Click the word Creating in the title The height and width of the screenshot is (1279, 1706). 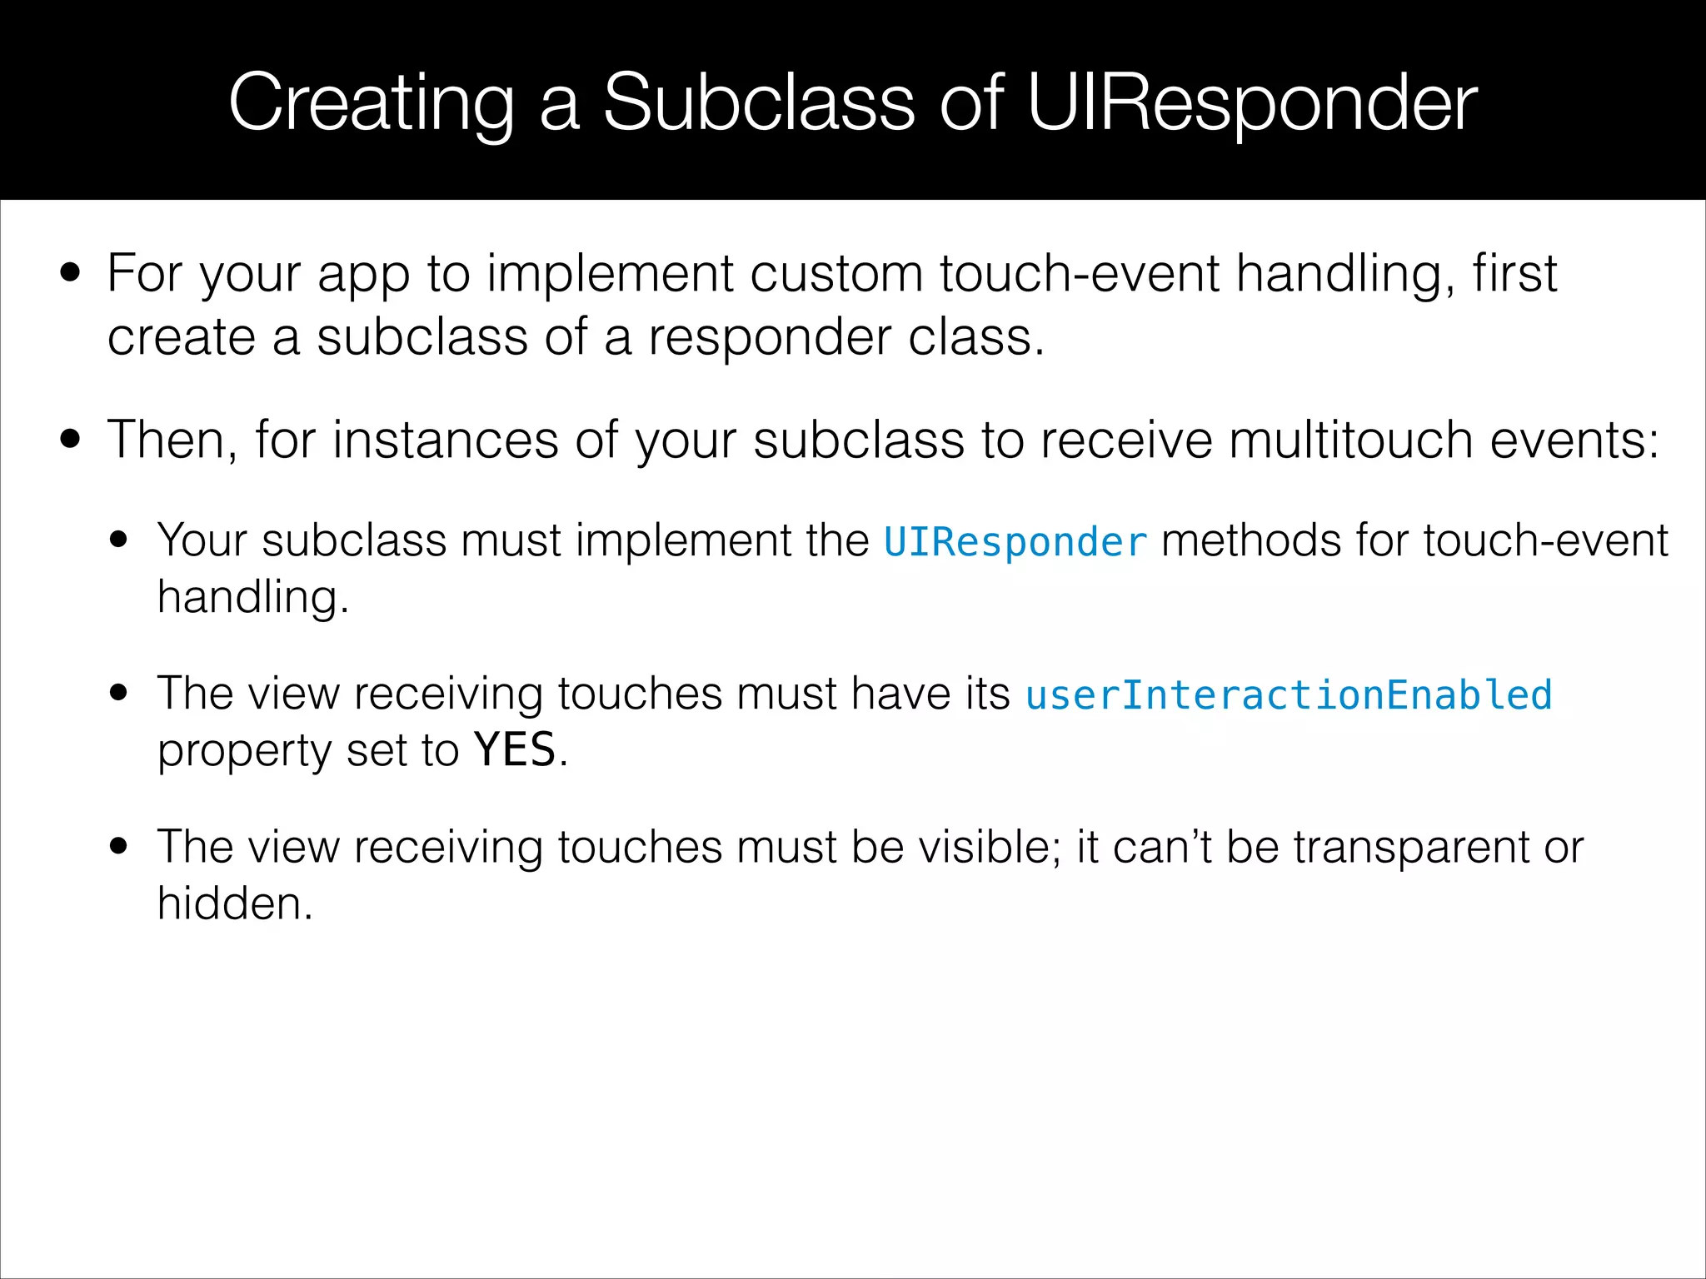pos(371,103)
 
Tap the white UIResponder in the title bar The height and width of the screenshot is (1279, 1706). pos(1252,103)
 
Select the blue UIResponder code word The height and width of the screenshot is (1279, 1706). pos(1015,542)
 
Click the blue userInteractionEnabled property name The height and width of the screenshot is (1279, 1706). pos(1289,695)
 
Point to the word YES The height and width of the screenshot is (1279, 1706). pos(515,749)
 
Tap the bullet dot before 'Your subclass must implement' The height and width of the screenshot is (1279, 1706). pos(119,539)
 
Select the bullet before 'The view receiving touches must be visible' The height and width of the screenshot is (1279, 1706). pos(119,846)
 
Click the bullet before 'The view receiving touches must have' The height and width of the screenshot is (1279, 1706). pos(119,693)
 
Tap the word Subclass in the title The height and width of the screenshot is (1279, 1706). pos(759,103)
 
